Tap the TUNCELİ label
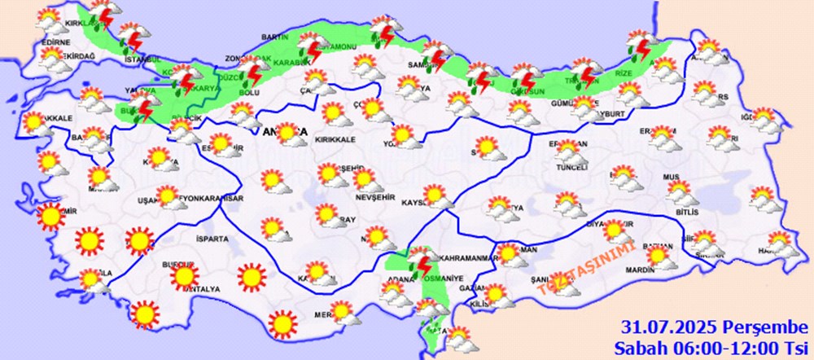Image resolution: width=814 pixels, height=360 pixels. [x=571, y=167]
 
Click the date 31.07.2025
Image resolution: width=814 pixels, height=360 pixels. [x=667, y=328]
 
